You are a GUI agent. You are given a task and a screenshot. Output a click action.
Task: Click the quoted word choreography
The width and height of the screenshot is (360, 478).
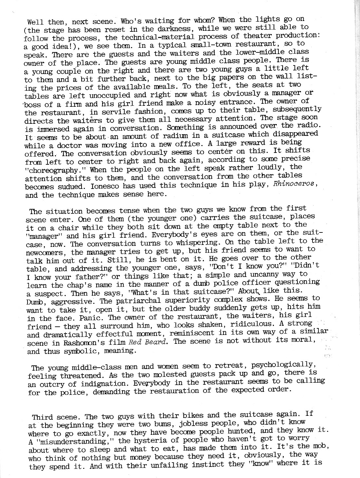[x=56, y=170]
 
